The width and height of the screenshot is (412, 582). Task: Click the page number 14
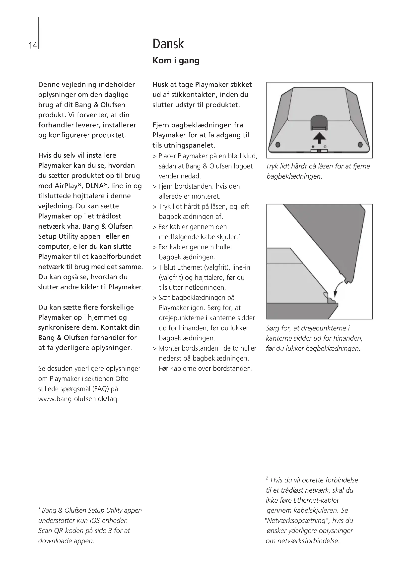pos(33,46)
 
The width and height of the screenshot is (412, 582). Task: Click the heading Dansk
pos(168,44)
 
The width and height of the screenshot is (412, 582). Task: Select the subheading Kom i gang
pos(176,60)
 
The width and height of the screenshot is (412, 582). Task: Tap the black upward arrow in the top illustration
pos(319,138)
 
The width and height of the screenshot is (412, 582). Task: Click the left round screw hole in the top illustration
pos(278,145)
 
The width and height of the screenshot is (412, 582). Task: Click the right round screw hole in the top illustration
pos(360,145)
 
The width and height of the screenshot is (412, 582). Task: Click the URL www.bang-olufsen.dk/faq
pos(78,399)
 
